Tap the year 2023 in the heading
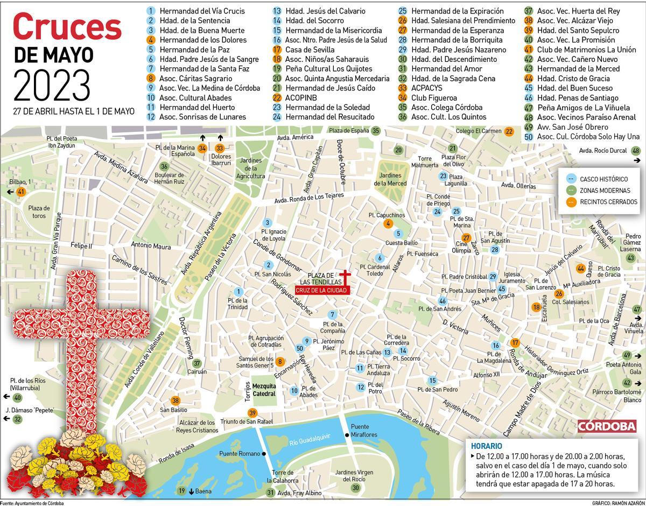tap(52, 86)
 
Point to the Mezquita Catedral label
tap(264, 390)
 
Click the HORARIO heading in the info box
tap(487, 446)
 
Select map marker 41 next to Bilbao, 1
tap(22, 192)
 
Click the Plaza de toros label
tap(39, 212)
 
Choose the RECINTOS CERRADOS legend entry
tap(608, 202)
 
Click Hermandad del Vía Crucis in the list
tap(202, 11)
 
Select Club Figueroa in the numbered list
tap(434, 98)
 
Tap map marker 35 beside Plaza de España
tap(376, 130)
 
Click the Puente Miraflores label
tap(364, 430)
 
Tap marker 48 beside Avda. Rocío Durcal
tap(636, 151)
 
